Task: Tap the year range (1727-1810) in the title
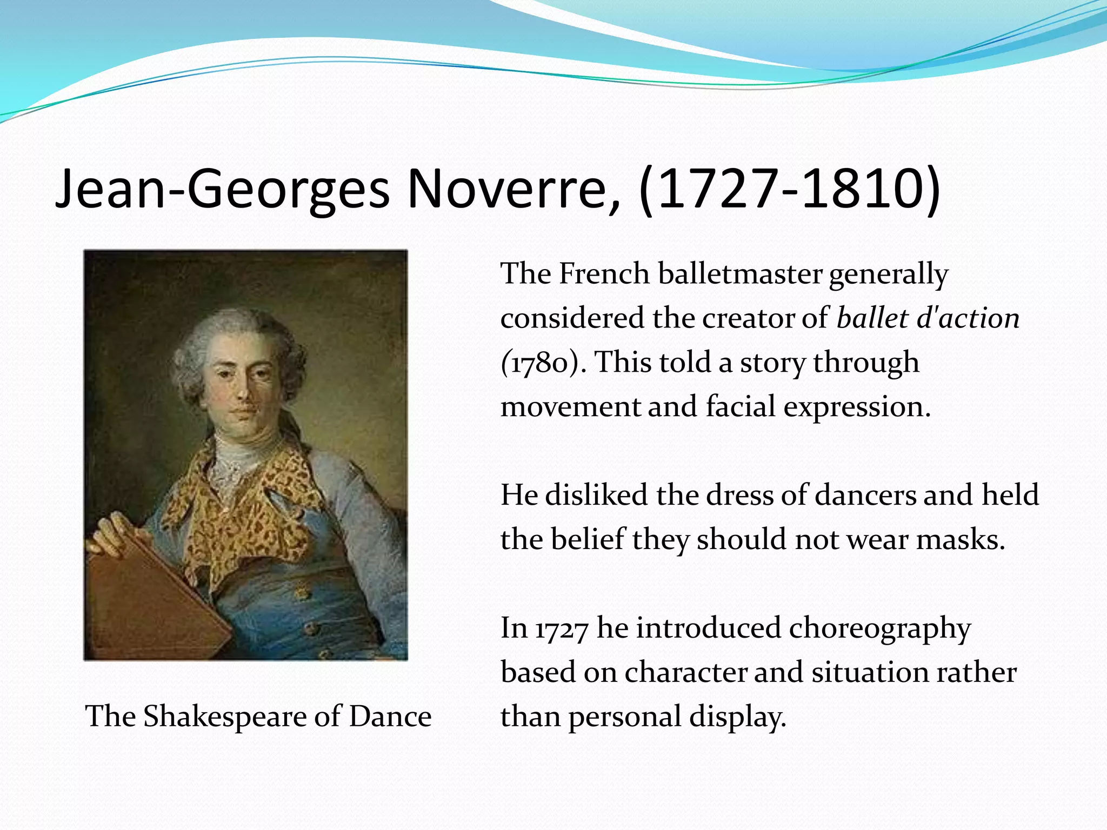pos(789,189)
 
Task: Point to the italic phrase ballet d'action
pos(928,318)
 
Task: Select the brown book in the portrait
pos(151,600)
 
